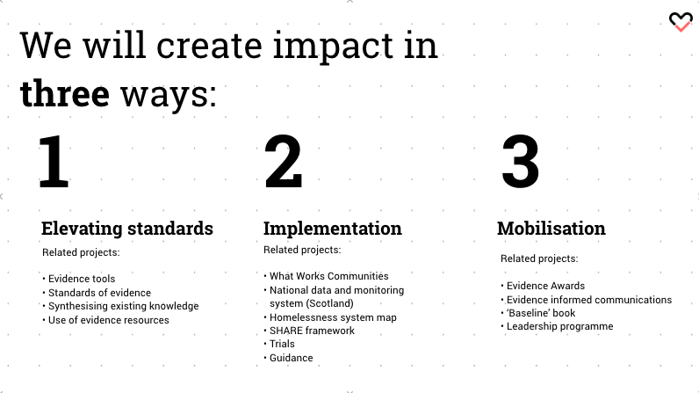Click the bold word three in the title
click(x=65, y=93)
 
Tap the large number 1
click(x=54, y=161)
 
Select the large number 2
click(x=284, y=161)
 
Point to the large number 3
click(x=520, y=162)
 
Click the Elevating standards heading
click(x=127, y=228)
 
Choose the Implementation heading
click(x=333, y=229)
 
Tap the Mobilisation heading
click(x=551, y=228)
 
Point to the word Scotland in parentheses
click(x=330, y=303)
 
